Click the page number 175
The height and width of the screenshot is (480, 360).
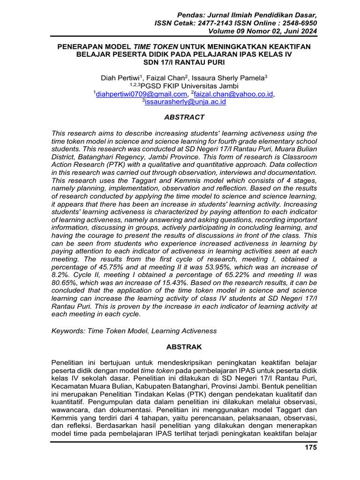[311, 447]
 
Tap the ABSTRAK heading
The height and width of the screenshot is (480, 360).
[184, 347]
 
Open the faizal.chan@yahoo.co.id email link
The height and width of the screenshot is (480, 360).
[233, 94]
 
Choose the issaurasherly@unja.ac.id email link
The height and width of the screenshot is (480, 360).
[185, 101]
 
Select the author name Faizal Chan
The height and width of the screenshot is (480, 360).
[169, 78]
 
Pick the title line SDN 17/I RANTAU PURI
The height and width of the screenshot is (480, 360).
[184, 62]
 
